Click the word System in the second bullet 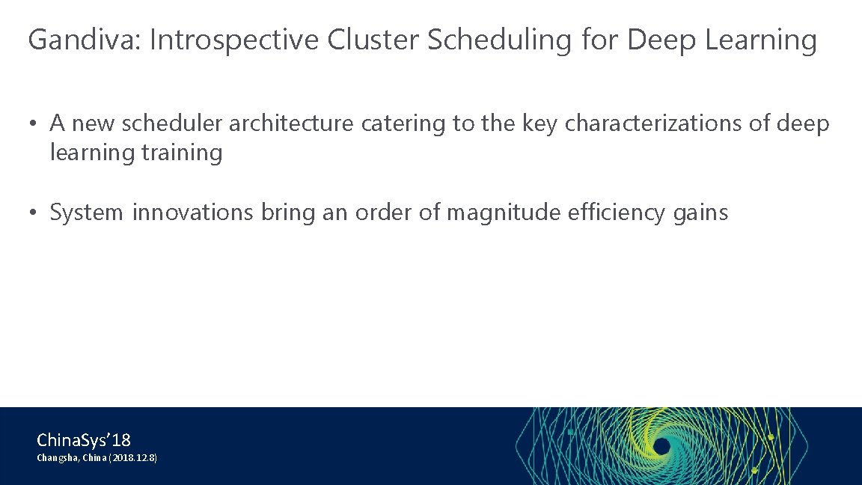point(86,213)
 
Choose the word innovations point(193,213)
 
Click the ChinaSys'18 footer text point(83,439)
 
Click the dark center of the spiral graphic point(661,446)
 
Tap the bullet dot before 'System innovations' point(33,213)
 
